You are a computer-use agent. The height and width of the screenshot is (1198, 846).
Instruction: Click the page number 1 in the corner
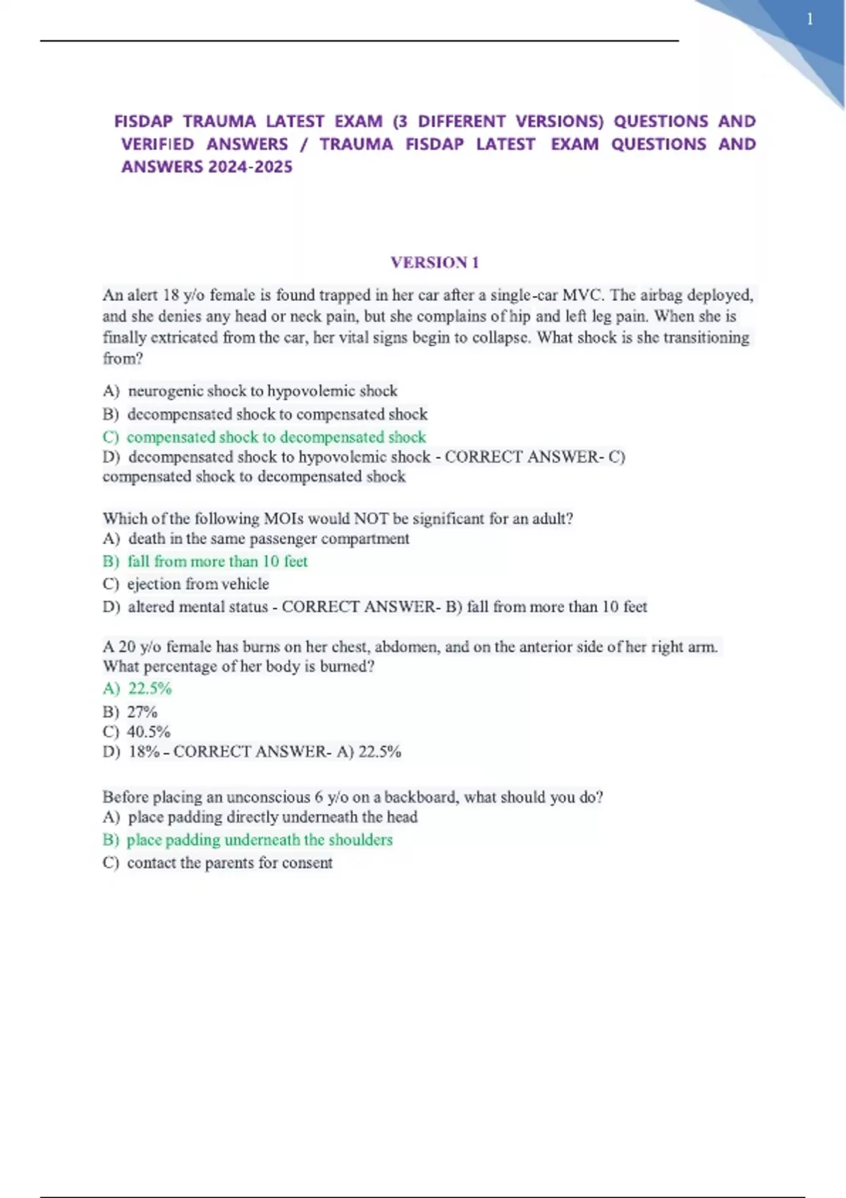pyautogui.click(x=810, y=20)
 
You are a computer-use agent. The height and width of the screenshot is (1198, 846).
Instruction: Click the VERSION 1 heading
pyautogui.click(x=434, y=263)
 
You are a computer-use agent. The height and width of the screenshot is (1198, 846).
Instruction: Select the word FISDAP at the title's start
pyautogui.click(x=143, y=121)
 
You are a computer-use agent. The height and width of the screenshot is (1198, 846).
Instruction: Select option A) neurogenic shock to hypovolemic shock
pyautogui.click(x=250, y=391)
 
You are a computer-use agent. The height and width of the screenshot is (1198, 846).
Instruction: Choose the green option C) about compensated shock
pyautogui.click(x=264, y=437)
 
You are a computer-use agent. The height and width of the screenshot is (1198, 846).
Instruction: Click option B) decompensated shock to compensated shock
pyautogui.click(x=265, y=414)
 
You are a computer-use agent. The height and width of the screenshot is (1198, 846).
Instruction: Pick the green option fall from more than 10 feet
pyautogui.click(x=205, y=562)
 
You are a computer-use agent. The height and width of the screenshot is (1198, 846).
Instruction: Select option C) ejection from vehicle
pyautogui.click(x=186, y=584)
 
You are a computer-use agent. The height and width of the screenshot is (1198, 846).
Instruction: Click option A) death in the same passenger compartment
pyautogui.click(x=256, y=539)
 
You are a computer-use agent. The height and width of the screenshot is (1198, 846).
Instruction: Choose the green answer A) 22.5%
pyautogui.click(x=137, y=688)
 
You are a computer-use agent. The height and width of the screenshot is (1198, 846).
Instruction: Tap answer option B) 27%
pyautogui.click(x=130, y=712)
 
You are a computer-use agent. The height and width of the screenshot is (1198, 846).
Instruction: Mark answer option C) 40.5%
pyautogui.click(x=137, y=731)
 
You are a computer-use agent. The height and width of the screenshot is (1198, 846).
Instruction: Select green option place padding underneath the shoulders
pyautogui.click(x=247, y=840)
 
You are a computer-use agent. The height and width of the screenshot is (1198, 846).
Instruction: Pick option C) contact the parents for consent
pyautogui.click(x=218, y=863)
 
